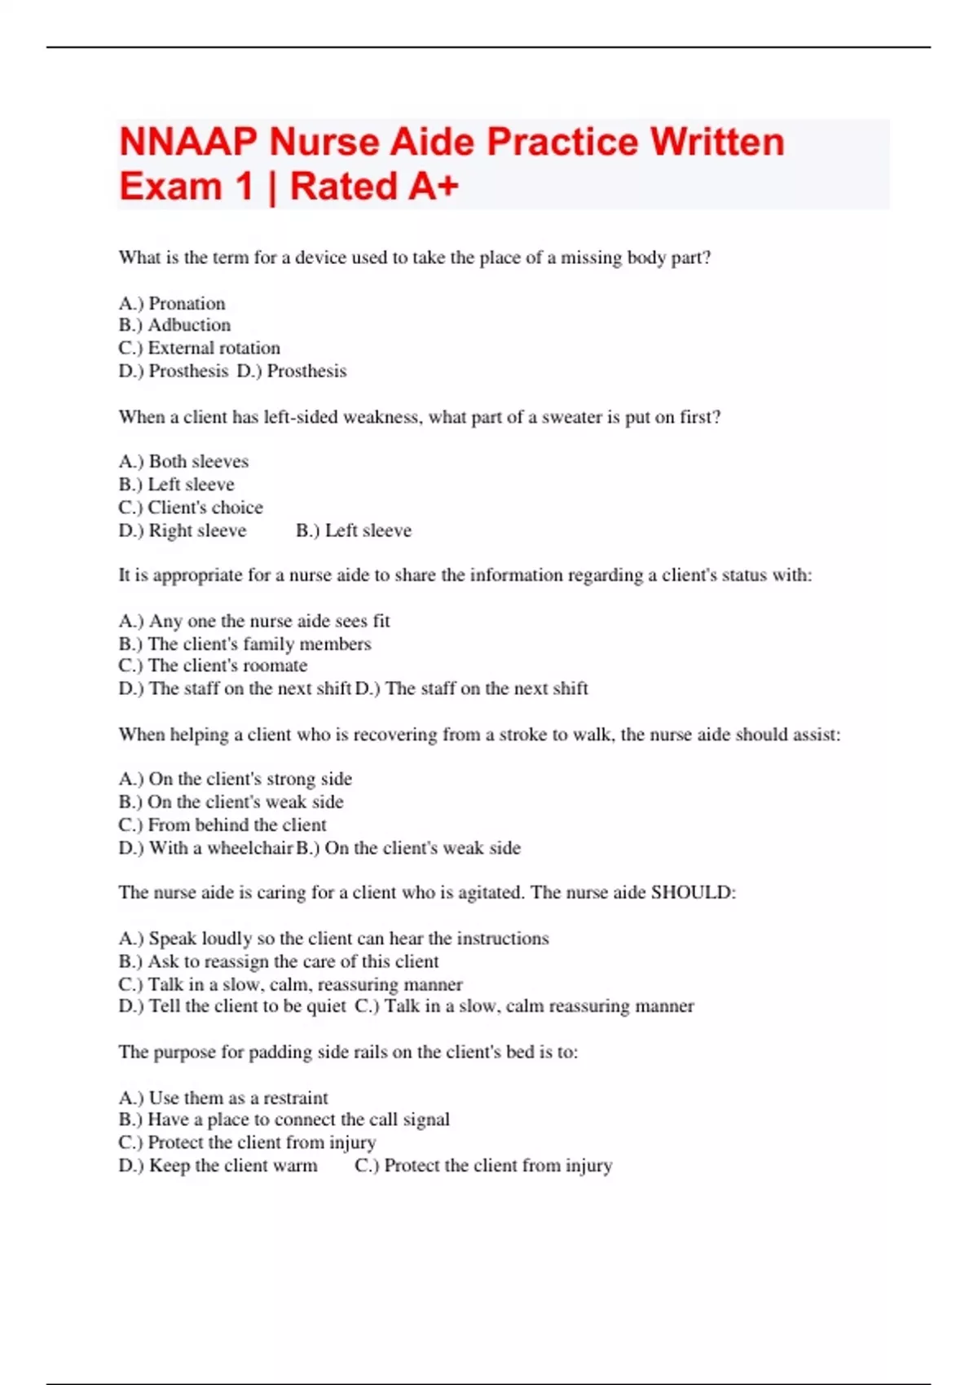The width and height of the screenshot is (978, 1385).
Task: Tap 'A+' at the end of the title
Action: coord(433,187)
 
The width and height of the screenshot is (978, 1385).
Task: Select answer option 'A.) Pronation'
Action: coord(172,303)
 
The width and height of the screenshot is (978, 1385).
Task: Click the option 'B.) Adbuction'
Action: coord(174,325)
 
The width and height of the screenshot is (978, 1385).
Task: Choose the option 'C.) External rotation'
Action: coord(199,348)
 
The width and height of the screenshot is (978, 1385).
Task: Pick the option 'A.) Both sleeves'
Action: coord(183,461)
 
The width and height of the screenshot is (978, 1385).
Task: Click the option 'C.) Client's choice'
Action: coord(191,508)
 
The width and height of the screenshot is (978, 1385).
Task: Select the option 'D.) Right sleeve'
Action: coord(183,530)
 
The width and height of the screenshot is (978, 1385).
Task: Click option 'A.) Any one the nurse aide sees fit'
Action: coord(254,621)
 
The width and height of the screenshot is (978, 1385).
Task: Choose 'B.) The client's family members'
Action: coord(244,644)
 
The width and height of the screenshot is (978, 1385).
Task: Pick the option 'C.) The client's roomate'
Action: coord(213,666)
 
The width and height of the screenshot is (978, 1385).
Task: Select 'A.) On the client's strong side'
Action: coord(236,779)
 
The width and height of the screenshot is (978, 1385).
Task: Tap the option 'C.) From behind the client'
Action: coord(222,824)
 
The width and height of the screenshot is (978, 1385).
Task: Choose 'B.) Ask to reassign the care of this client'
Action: coord(279,961)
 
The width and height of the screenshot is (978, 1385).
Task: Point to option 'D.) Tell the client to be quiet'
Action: coord(232,1006)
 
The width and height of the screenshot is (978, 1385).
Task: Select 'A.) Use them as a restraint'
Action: coord(223,1097)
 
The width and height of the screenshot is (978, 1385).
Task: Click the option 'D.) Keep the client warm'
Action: coord(218,1166)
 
